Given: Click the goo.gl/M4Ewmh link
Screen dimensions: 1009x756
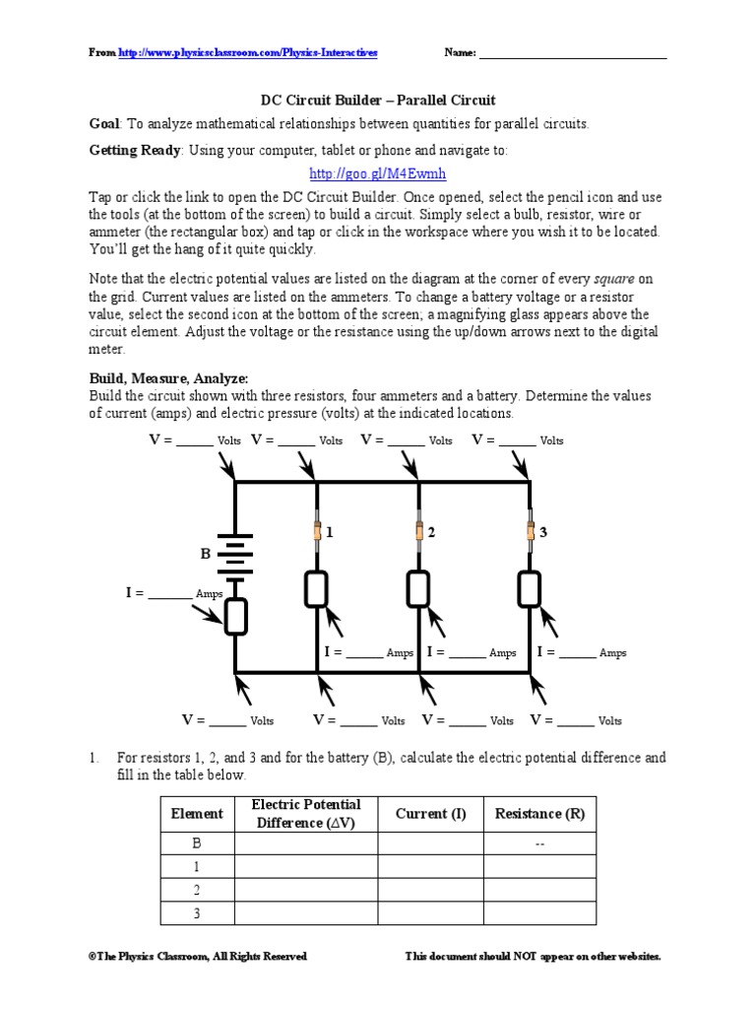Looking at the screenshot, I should (377, 173).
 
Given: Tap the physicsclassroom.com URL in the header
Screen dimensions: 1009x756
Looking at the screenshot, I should (248, 52).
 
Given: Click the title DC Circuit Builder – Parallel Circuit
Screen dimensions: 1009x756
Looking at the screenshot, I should (377, 101).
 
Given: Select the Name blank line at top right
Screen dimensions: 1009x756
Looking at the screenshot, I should (572, 54).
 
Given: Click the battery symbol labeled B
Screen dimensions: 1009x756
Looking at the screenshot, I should (234, 554).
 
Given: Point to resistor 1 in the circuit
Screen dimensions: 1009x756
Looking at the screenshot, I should (317, 532).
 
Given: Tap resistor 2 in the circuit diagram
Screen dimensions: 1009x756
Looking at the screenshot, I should (419, 532).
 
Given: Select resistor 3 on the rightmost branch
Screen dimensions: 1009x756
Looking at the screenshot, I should (530, 532).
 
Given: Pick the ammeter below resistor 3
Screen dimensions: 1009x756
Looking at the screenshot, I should (530, 589).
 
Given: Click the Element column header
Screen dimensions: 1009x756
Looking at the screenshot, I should (197, 814).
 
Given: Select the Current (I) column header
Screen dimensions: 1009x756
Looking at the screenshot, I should (430, 814).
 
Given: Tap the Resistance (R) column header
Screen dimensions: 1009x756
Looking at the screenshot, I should (539, 814).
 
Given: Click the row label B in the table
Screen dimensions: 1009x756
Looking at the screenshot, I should (197, 843).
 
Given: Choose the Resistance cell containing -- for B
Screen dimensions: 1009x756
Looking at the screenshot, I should (539, 843).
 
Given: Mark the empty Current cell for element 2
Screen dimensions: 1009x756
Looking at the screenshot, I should (430, 890).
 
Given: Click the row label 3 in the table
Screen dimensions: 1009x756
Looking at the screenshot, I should (197, 913).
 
